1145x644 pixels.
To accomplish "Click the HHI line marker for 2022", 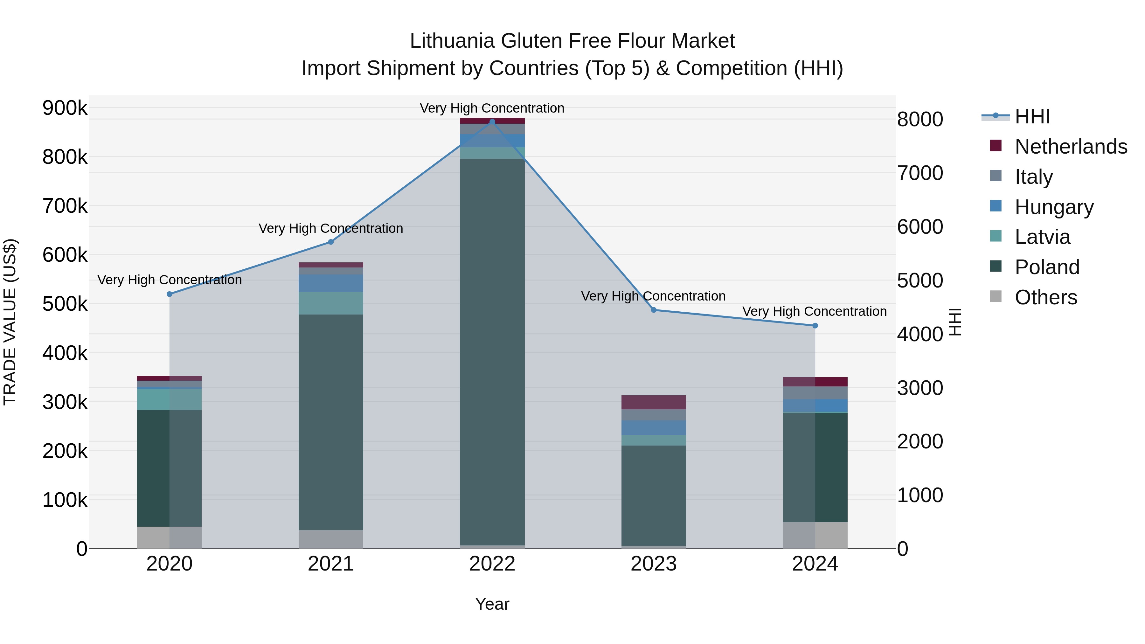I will [x=492, y=122].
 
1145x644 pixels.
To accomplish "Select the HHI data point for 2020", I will [x=169, y=294].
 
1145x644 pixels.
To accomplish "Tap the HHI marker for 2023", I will [x=653, y=310].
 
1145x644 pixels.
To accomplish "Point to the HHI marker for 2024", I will [x=815, y=326].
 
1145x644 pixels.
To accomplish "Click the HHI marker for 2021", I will [x=331, y=242].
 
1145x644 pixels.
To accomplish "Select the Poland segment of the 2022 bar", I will [x=492, y=351].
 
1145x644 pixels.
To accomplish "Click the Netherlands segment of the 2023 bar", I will [x=653, y=402].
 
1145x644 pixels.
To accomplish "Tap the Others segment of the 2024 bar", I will [x=815, y=535].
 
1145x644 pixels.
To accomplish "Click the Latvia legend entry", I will [x=1042, y=237].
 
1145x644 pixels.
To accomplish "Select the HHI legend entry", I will [x=1032, y=116].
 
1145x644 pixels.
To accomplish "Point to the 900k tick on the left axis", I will [x=65, y=108].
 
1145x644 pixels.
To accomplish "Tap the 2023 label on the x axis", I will [x=653, y=564].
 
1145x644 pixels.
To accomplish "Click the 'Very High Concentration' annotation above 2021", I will [x=331, y=228].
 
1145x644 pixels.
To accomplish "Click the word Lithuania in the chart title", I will [x=452, y=41].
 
